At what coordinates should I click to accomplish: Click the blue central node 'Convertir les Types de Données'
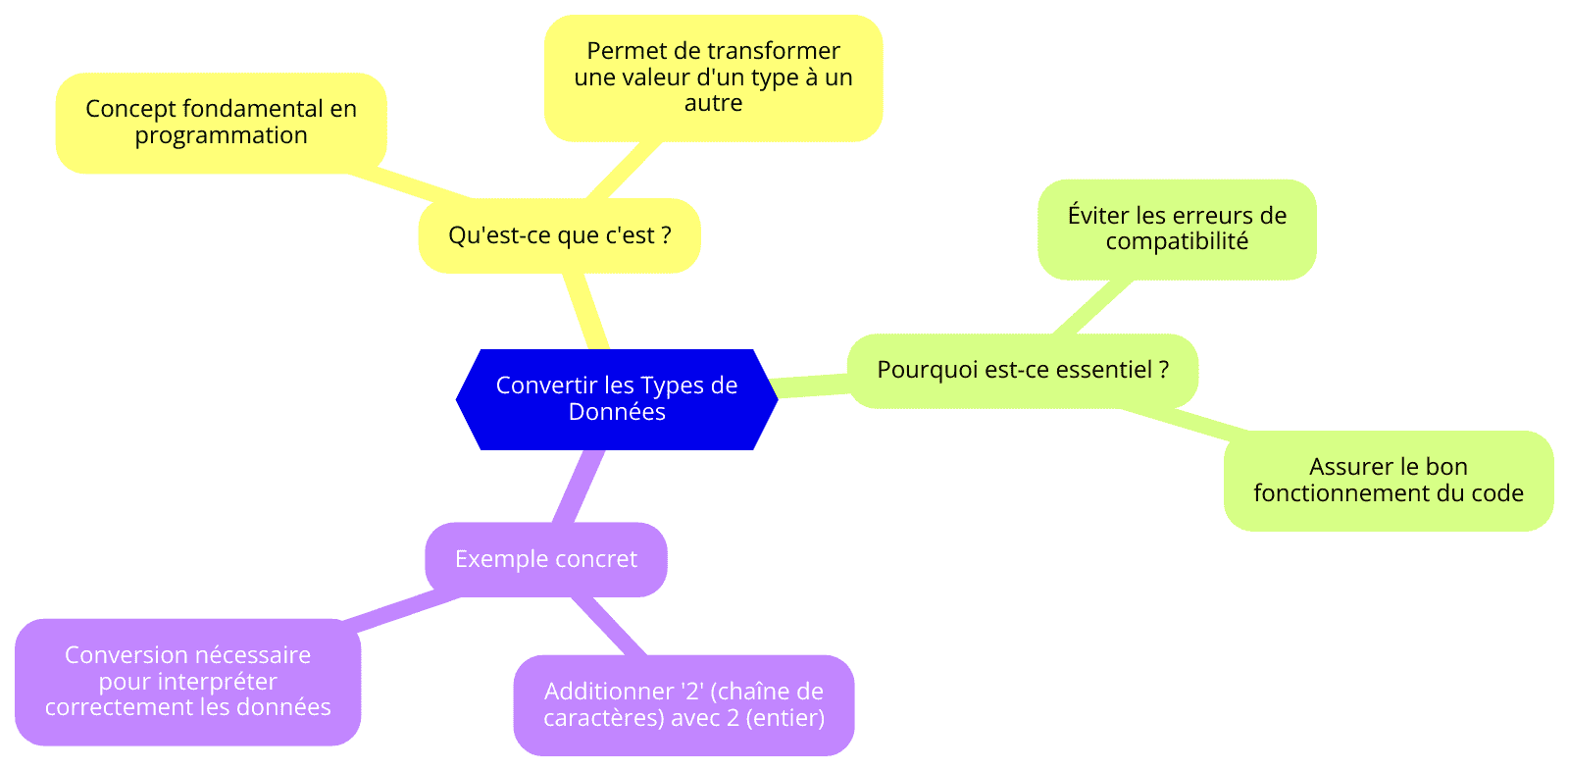617,399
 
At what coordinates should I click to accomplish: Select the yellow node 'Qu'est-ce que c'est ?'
560,235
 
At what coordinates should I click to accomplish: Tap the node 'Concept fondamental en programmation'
222,123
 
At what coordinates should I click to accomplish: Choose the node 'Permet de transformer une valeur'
713,77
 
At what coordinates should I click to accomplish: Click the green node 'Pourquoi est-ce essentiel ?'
1023,371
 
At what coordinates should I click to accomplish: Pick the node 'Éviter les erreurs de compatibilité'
1177,230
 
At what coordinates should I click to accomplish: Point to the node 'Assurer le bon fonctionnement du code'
1389,481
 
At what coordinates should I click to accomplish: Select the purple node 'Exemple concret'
546,559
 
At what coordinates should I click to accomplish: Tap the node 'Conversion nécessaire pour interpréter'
187,682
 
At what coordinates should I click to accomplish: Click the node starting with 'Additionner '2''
683,705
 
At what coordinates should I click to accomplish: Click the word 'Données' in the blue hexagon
617,412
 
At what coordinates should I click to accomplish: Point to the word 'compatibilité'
1177,242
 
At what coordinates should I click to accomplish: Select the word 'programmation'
222,136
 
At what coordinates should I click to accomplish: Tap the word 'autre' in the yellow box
713,103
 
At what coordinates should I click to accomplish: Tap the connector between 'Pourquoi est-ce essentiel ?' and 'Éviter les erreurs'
1092,307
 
